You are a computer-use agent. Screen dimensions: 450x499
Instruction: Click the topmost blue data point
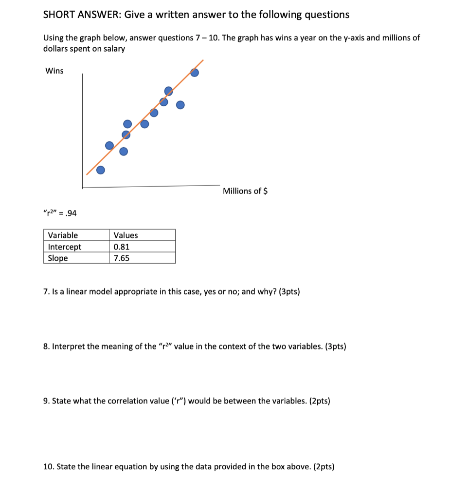click(195, 73)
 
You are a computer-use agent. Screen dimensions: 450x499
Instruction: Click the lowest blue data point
click(100, 170)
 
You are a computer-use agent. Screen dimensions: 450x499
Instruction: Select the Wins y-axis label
click(54, 71)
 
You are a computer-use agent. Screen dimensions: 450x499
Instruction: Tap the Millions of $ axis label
click(245, 191)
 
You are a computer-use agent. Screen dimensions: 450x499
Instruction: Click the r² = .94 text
click(60, 213)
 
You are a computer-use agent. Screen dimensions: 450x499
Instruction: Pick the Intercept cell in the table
click(65, 247)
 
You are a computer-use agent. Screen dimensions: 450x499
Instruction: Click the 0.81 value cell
click(121, 247)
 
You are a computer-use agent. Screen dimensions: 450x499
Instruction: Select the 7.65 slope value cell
click(121, 258)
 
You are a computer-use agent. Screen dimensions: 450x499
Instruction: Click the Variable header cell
click(63, 235)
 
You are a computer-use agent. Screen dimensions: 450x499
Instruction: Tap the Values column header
click(126, 235)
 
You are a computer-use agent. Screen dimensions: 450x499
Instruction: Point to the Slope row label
click(58, 258)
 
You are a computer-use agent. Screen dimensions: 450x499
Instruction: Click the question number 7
click(46, 292)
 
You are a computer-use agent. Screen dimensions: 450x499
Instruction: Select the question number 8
click(46, 346)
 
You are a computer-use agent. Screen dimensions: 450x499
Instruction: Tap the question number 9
click(46, 401)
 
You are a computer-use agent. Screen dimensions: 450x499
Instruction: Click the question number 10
click(48, 467)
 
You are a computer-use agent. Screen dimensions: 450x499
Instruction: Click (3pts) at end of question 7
click(290, 292)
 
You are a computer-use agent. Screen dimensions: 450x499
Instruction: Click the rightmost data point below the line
click(180, 105)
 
